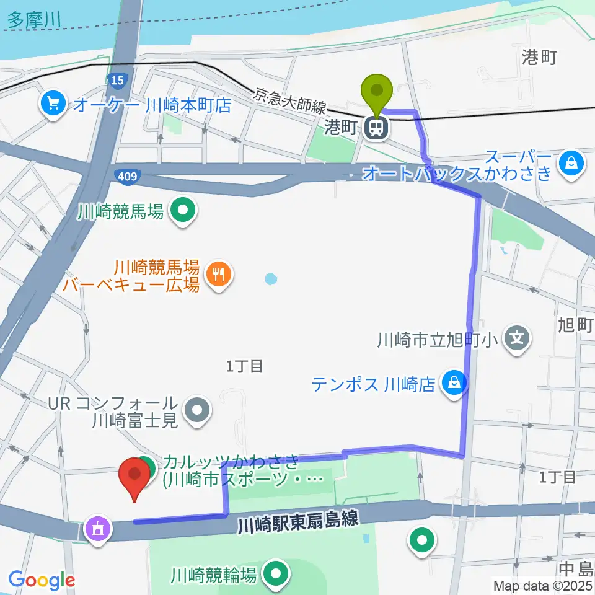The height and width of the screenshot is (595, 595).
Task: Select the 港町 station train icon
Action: pyautogui.click(x=376, y=128)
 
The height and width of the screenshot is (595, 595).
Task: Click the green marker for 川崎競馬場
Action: pyautogui.click(x=183, y=212)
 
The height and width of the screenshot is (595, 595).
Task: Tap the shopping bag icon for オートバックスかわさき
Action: pyautogui.click(x=568, y=163)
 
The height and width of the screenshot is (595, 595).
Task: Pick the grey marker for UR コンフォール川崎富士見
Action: pyautogui.click(x=198, y=410)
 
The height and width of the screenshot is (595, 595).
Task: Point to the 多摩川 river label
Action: pyautogui.click(x=35, y=19)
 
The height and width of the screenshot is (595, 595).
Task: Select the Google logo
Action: pyautogui.click(x=41, y=580)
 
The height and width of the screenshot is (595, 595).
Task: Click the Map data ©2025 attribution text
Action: pyautogui.click(x=543, y=585)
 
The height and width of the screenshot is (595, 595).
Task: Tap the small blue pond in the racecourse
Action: pyautogui.click(x=271, y=279)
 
